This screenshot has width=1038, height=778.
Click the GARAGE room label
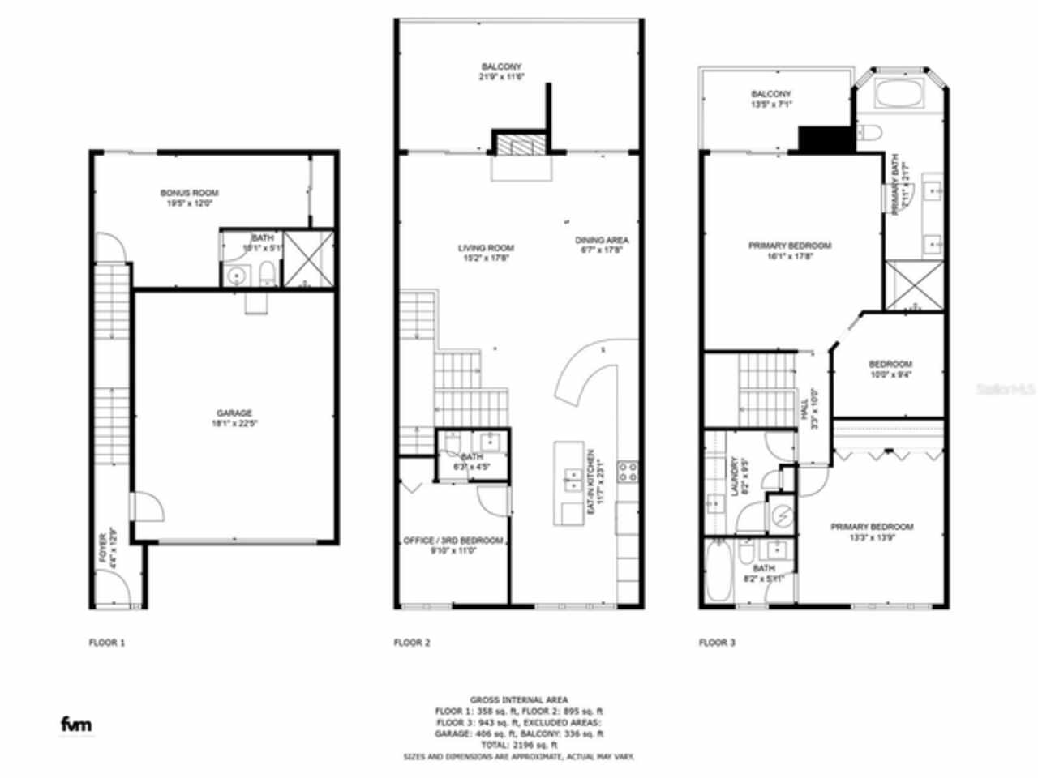tap(234, 413)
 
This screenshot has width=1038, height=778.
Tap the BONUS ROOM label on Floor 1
tap(189, 194)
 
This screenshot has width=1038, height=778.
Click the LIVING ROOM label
tap(486, 248)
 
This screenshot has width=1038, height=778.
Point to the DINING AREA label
tap(602, 241)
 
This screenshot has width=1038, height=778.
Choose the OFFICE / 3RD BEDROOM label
tap(453, 541)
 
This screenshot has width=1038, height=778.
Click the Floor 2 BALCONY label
tap(501, 67)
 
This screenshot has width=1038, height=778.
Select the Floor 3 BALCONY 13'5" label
tap(770, 95)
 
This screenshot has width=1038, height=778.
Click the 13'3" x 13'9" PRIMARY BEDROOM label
tap(871, 527)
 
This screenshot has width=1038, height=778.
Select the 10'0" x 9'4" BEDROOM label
tap(890, 365)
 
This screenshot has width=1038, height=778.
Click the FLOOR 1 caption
tap(107, 643)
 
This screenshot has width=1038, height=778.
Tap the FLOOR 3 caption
tap(717, 643)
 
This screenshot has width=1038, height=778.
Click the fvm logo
tap(77, 724)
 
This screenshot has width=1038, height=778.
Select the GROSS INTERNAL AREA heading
tap(519, 699)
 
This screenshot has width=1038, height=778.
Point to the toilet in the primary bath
tap(869, 133)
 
